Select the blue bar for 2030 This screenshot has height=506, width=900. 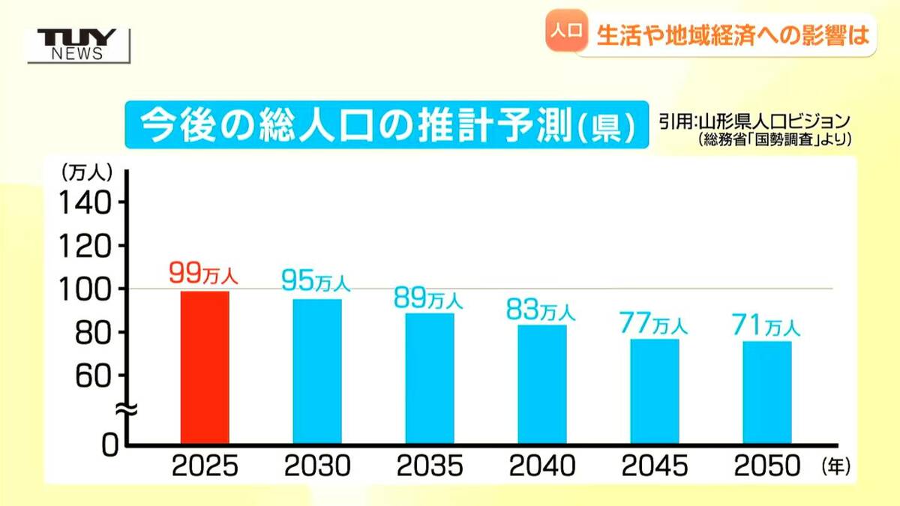[317, 371]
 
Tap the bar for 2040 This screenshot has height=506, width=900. [542, 384]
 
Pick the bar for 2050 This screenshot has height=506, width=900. [767, 392]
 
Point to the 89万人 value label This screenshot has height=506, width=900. [428, 298]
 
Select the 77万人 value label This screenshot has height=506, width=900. [653, 324]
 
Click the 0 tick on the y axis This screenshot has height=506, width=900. [109, 445]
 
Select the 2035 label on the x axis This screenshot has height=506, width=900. [430, 467]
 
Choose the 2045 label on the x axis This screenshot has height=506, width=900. [655, 467]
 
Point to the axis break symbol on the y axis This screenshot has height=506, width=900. [125, 410]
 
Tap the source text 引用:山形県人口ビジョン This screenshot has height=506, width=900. [754, 121]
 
